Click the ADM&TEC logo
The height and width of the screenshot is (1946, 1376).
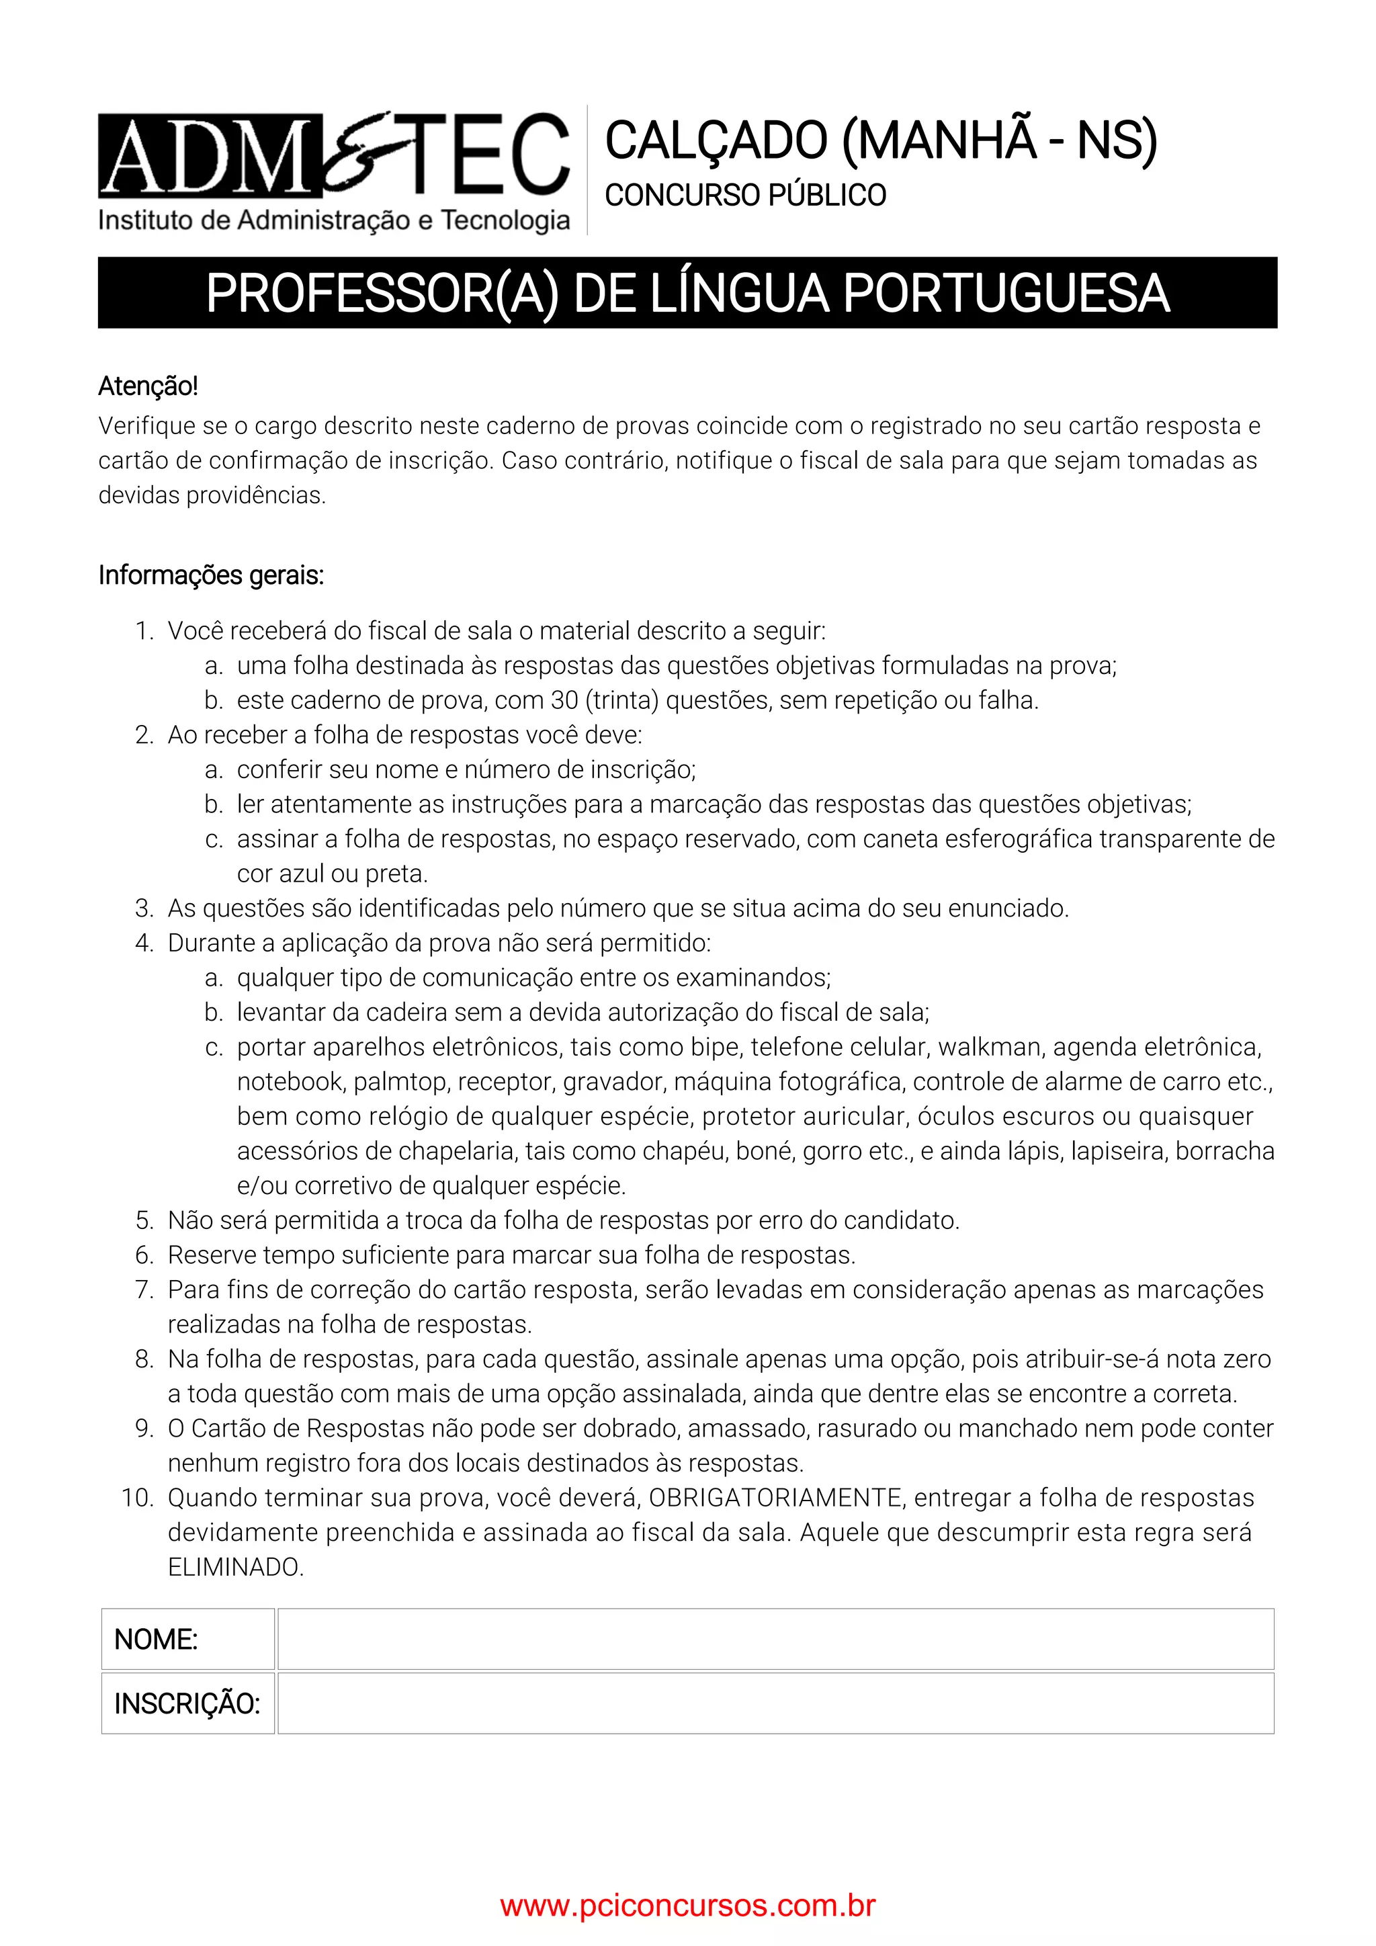coord(334,156)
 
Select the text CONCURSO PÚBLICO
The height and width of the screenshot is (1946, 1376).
coord(746,196)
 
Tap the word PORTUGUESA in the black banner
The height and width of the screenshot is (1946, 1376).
coord(1006,294)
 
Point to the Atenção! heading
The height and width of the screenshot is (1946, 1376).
coord(148,386)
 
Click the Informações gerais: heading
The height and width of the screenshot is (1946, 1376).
coord(211,575)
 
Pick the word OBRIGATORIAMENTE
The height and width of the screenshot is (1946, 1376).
coord(775,1498)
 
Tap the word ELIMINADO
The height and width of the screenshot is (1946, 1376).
coord(236,1567)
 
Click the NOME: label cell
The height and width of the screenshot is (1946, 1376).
coord(188,1639)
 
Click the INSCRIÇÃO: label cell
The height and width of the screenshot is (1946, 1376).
coord(188,1703)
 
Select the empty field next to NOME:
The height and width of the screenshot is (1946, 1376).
coord(775,1639)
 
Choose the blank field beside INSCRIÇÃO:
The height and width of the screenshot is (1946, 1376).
coord(775,1703)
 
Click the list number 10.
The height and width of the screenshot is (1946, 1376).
coord(137,1498)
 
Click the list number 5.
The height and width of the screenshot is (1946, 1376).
coord(144,1220)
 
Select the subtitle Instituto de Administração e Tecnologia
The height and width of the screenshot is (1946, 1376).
coord(334,220)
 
